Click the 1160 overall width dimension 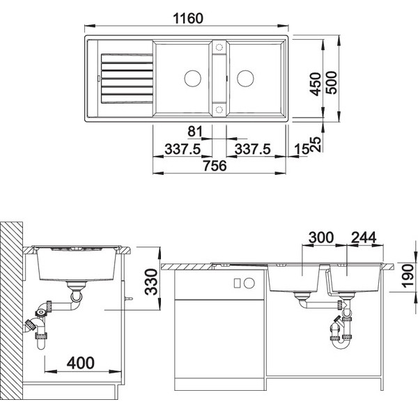pyautogui.click(x=188, y=18)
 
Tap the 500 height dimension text pyautogui.click(x=332, y=83)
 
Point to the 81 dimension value pyautogui.click(x=195, y=132)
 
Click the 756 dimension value pyautogui.click(x=215, y=166)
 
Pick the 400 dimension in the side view pyautogui.click(x=81, y=363)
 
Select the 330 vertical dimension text pyautogui.click(x=151, y=281)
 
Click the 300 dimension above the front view pyautogui.click(x=321, y=238)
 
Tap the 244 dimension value pyautogui.click(x=364, y=238)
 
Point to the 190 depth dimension pyautogui.click(x=408, y=276)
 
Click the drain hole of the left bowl pyautogui.click(x=192, y=78)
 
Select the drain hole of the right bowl pyautogui.click(x=245, y=78)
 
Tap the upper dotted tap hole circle pyautogui.click(x=219, y=47)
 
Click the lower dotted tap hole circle pyautogui.click(x=219, y=109)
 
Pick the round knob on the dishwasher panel pyautogui.click(x=249, y=283)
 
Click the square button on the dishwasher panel pyautogui.click(x=237, y=283)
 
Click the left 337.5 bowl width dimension pyautogui.click(x=183, y=149)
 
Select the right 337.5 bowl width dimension pyautogui.click(x=252, y=149)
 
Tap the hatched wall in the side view pyautogui.click(x=11, y=311)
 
